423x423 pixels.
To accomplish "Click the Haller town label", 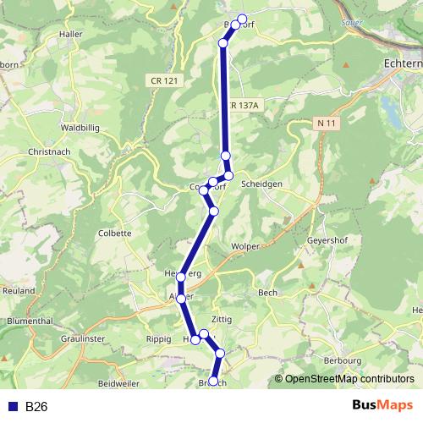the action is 70,35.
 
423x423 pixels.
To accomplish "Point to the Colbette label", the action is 115,233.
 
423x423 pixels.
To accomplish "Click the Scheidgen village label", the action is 261,184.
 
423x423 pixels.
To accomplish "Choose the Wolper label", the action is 245,246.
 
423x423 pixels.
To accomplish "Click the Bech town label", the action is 267,293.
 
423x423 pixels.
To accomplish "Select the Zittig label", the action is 222,320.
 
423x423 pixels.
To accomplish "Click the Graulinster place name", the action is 82,338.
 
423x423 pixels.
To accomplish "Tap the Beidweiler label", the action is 118,384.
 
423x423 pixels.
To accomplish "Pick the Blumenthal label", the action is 30,321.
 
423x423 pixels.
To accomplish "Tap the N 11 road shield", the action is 329,124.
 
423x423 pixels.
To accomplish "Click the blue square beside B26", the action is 13,407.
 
